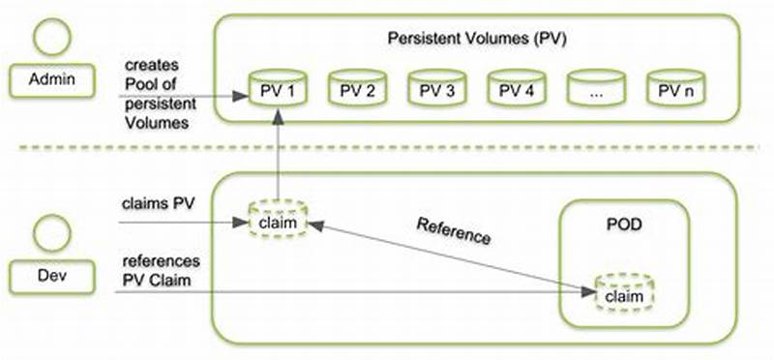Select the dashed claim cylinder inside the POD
point(623,291)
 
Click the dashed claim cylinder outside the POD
point(278,222)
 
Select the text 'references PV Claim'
point(162,271)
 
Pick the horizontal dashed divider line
point(387,147)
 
